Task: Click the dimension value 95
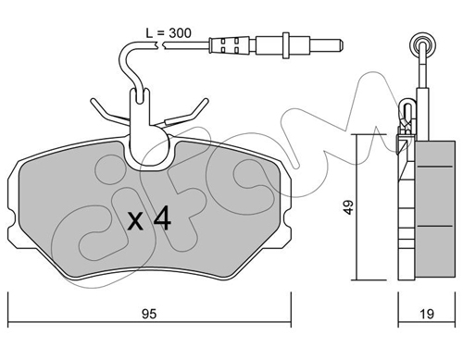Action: (149, 314)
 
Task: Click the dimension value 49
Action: (348, 207)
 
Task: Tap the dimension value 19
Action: (427, 314)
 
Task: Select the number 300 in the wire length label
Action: (180, 33)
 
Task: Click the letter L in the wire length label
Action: (150, 33)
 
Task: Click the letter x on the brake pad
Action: (135, 221)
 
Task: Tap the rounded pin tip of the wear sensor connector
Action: (341, 45)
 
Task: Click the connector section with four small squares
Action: (230, 45)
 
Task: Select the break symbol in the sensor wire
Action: (160, 46)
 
